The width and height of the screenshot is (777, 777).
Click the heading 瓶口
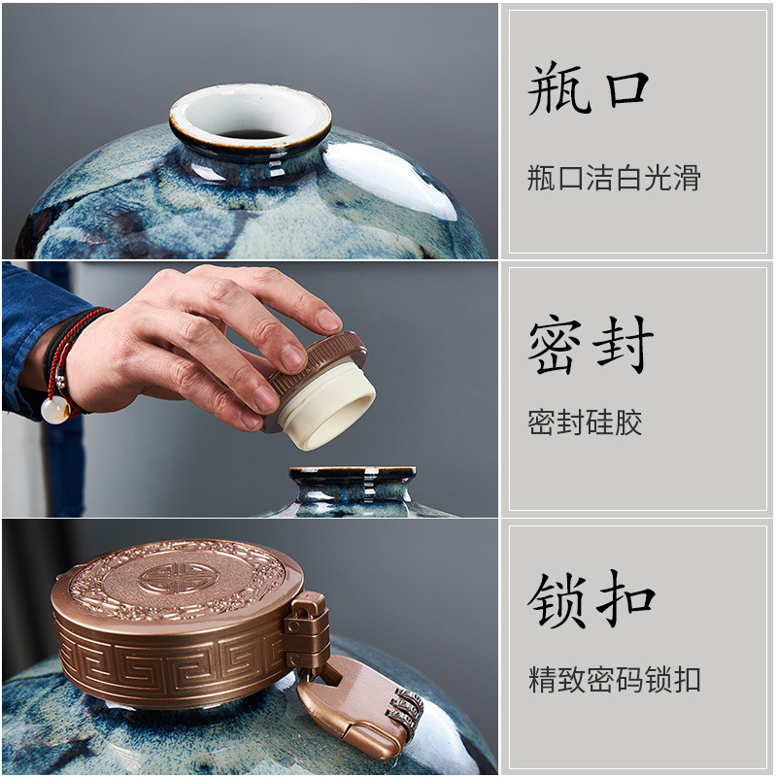(x=589, y=87)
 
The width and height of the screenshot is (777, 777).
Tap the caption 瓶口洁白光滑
(x=614, y=178)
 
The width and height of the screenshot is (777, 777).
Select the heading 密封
(x=591, y=345)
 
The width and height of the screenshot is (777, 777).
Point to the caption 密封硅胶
(x=585, y=422)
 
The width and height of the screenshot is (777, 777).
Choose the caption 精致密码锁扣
(x=615, y=679)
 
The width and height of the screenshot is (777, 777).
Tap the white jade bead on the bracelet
(x=55, y=410)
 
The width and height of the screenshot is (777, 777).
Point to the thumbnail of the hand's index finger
(x=329, y=320)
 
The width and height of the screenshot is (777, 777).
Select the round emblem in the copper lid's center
(x=174, y=578)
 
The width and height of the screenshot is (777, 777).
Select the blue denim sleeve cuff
(x=35, y=337)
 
